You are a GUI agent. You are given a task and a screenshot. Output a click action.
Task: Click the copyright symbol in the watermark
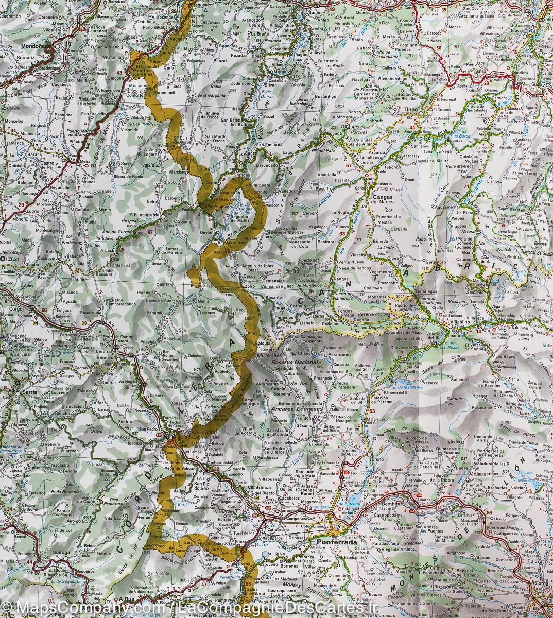coord(6,609)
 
